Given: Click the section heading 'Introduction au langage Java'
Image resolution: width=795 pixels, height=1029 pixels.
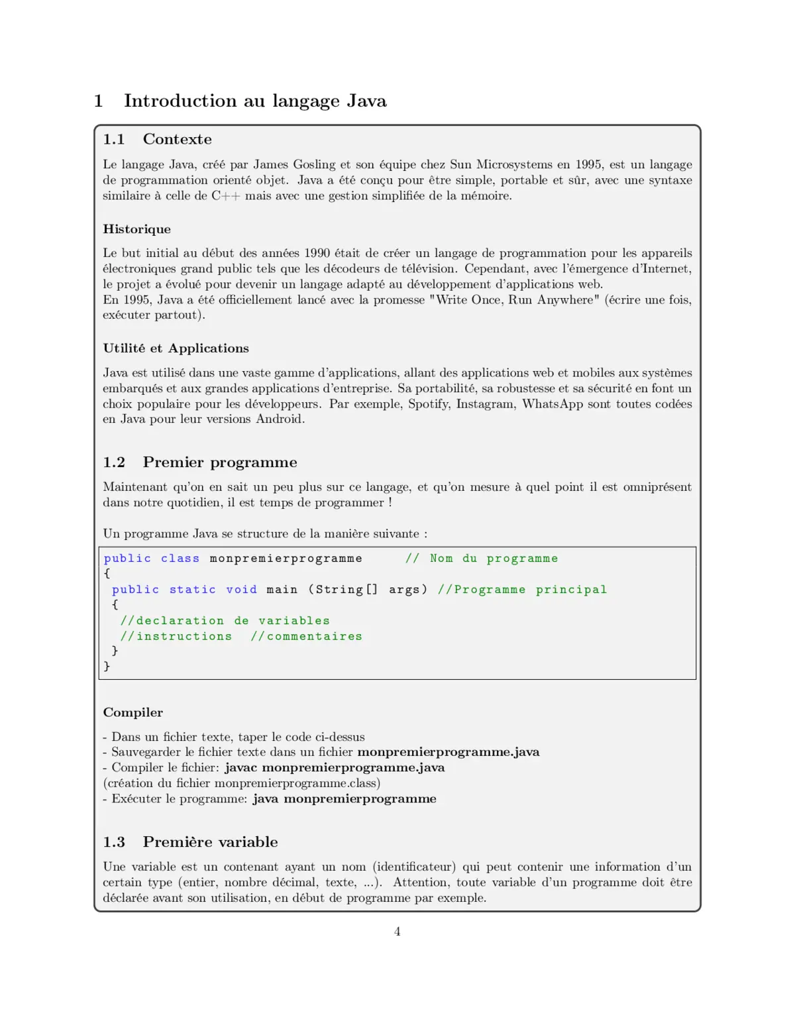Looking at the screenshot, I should point(255,101).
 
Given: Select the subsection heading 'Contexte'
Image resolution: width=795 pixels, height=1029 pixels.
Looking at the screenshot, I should point(177,139).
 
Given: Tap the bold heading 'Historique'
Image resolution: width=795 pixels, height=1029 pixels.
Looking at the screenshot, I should point(136,229).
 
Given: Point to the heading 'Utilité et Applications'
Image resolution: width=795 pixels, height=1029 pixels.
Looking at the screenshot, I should point(176,349).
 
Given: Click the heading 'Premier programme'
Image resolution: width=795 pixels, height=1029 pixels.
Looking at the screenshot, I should point(220,462).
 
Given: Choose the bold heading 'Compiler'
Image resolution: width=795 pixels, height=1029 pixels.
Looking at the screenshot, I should point(132,712).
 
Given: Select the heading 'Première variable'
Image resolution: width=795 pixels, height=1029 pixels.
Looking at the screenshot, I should point(210,841).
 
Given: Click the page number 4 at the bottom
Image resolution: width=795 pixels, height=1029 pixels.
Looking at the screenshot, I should point(397,932).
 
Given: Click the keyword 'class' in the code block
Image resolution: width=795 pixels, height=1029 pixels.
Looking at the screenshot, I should point(180,559).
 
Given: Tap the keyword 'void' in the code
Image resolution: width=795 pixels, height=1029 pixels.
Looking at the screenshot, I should point(241,590).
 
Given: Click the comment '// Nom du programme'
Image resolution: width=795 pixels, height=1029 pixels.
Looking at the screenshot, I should point(482,559).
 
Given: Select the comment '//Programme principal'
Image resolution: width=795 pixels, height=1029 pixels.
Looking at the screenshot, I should point(522,590).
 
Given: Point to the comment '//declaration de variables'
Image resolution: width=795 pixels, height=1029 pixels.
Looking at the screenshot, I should point(225,621).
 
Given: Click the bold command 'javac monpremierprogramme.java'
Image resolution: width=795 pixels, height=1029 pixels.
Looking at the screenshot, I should point(335,767).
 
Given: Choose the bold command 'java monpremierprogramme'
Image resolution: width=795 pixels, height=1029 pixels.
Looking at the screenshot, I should point(344,798).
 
